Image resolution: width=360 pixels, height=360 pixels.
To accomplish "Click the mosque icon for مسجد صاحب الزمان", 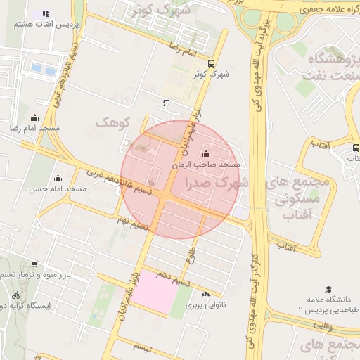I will (205, 153).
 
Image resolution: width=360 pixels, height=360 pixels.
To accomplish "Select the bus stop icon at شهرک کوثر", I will (212, 63).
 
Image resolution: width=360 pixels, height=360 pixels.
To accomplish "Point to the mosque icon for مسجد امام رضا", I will (34, 117).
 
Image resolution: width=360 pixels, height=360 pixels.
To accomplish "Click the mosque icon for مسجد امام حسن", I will (58, 178).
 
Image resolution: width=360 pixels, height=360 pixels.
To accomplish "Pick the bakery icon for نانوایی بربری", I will (205, 295).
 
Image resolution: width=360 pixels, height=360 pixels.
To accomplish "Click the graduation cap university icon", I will (328, 289).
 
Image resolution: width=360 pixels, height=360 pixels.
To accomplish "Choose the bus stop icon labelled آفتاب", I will (355, 148).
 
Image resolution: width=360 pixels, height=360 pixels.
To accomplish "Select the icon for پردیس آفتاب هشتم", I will (46, 13).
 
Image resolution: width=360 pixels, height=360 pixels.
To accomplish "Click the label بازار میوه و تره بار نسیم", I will (42, 273).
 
